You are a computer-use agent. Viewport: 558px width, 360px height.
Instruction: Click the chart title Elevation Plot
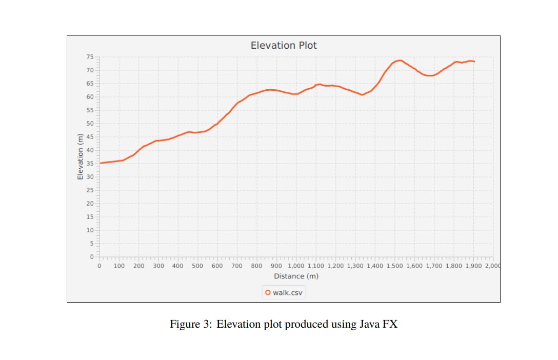tap(284, 45)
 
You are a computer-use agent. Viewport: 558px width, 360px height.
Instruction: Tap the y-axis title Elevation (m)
tap(80, 156)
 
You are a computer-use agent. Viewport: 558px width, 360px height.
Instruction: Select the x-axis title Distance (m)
tap(296, 276)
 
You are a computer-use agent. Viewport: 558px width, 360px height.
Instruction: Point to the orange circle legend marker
tap(268, 293)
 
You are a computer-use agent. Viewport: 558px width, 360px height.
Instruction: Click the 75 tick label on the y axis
tap(90, 57)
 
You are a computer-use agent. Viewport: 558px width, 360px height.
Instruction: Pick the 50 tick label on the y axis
tap(90, 124)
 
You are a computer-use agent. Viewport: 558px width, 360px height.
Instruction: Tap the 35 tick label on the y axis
tap(90, 164)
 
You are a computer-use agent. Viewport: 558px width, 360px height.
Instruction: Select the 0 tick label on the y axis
tap(91, 256)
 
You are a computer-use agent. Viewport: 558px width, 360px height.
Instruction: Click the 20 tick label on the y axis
tap(90, 204)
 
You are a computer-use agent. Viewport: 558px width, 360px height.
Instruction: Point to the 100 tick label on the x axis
tap(118, 266)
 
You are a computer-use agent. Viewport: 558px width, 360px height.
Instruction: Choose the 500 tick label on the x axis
tap(197, 266)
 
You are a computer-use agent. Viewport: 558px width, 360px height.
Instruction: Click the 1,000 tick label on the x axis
tap(295, 266)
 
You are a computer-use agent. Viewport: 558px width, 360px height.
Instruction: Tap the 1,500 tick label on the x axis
tap(394, 266)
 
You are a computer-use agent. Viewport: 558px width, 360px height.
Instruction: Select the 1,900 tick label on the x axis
tap(473, 266)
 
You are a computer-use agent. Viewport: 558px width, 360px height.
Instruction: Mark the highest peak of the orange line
tap(398, 61)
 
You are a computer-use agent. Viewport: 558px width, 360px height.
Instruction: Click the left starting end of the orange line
tap(101, 163)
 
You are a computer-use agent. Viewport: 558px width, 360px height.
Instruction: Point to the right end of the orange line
tap(474, 62)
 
